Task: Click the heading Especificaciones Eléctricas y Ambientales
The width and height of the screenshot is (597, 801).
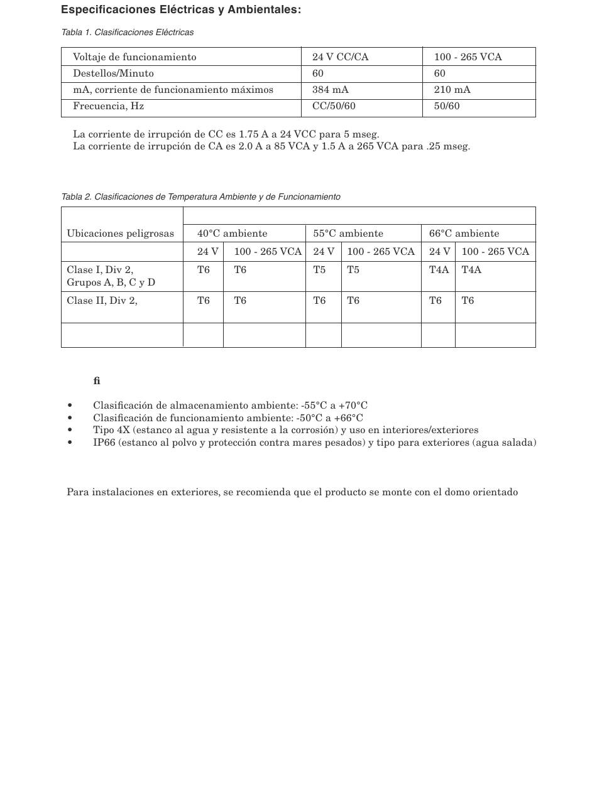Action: click(181, 10)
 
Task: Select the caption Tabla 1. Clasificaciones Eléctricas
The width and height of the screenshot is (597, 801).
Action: click(128, 32)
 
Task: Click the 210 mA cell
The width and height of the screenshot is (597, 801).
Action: click(452, 90)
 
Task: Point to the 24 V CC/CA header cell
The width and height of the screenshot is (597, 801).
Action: click(341, 57)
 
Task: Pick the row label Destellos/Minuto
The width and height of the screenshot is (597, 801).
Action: click(113, 73)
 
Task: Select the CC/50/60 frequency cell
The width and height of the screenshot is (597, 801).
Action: click(334, 106)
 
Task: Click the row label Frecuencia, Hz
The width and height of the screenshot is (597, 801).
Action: click(109, 106)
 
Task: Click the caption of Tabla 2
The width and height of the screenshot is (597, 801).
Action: click(201, 196)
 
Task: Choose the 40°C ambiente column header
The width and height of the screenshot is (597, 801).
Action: click(232, 234)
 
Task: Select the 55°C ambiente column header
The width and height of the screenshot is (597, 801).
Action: click(348, 234)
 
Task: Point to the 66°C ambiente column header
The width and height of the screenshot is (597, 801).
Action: click(464, 234)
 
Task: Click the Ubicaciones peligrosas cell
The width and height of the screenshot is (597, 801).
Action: click(121, 234)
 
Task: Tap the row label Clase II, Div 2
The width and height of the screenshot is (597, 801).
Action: click(102, 301)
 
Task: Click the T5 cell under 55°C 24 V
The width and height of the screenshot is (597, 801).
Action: click(320, 270)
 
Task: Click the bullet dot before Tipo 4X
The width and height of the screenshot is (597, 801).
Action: click(70, 431)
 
